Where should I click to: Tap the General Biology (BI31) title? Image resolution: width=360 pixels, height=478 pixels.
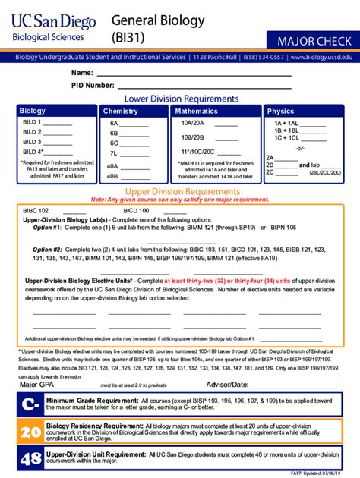[x=145, y=28]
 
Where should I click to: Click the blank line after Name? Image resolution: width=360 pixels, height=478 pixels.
[x=194, y=74]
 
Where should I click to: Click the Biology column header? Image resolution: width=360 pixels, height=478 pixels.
[x=33, y=111]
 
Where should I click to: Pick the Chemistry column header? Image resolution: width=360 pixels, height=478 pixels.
[x=120, y=112]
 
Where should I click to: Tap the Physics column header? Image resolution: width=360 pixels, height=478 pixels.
[x=280, y=112]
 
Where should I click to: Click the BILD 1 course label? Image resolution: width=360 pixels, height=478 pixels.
[x=32, y=122]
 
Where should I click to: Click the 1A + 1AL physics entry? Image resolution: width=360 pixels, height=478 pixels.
[x=286, y=122]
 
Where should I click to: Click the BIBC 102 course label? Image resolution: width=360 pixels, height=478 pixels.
[x=36, y=210]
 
